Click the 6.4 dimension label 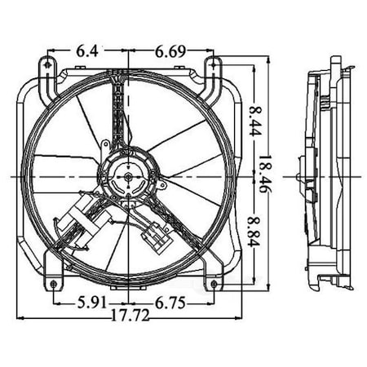coord(88,51)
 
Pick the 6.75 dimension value coord(172,303)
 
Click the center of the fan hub coord(129,175)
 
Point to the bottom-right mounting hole coord(214,284)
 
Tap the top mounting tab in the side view coord(334,65)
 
